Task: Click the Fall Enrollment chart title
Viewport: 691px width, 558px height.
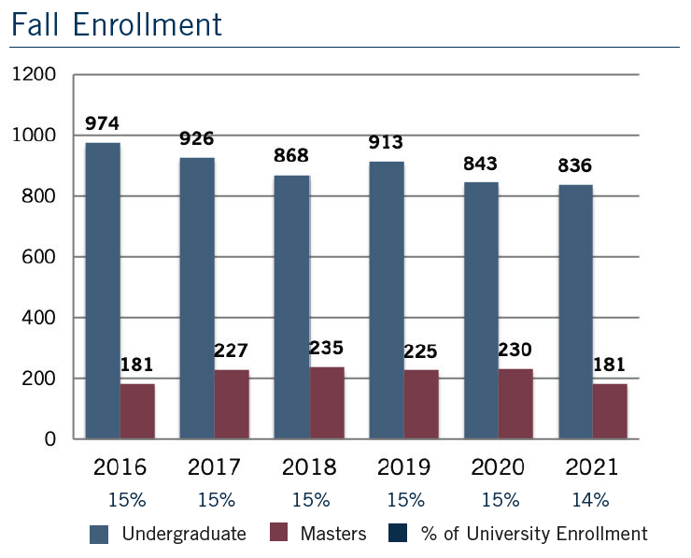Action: [117, 24]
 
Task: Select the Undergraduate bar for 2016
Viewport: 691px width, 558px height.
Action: [103, 291]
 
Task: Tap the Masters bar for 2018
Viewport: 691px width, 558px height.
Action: [327, 403]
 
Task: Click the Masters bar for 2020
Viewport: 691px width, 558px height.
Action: [515, 404]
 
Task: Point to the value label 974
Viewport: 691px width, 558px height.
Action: [103, 123]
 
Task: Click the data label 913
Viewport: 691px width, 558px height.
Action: [386, 143]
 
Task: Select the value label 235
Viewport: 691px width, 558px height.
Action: [327, 348]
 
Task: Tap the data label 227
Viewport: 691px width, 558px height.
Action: [232, 351]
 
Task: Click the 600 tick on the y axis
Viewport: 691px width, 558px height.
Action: [41, 257]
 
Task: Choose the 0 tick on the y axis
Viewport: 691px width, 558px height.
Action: [51, 439]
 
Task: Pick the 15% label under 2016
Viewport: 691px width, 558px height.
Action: [126, 500]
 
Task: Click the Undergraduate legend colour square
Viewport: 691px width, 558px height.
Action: [100, 534]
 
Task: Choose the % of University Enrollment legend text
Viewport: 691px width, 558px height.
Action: [533, 534]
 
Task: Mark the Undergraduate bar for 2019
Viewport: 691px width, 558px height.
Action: [386, 300]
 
